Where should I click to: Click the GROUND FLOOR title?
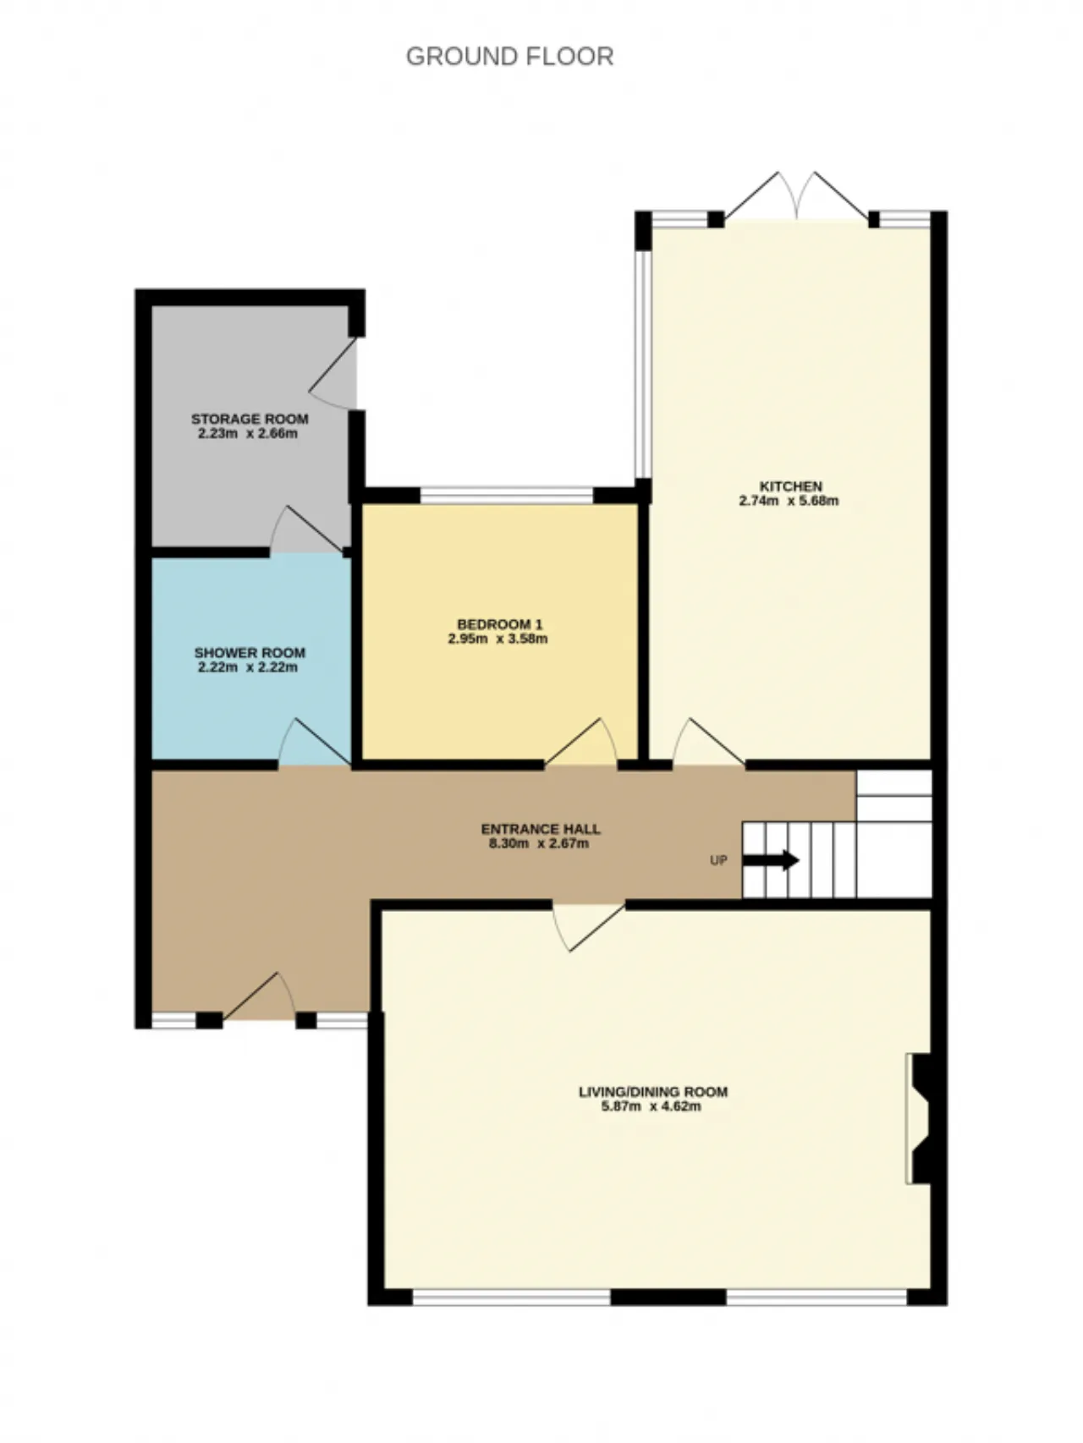[509, 56]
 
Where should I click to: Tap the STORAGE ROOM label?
[250, 419]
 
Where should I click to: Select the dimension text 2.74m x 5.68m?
[789, 501]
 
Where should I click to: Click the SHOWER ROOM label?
[250, 653]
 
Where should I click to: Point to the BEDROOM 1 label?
[499, 624]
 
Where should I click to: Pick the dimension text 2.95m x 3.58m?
[498, 639]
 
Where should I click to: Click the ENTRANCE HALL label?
[541, 829]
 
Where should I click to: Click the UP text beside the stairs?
[718, 861]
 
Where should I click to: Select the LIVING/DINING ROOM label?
[652, 1092]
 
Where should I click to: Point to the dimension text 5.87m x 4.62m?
[651, 1106]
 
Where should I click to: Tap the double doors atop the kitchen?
[795, 197]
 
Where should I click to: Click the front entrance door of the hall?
[259, 996]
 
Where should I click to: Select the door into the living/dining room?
[589, 927]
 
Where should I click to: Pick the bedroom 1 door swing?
[581, 743]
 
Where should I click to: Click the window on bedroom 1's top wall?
[507, 495]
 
